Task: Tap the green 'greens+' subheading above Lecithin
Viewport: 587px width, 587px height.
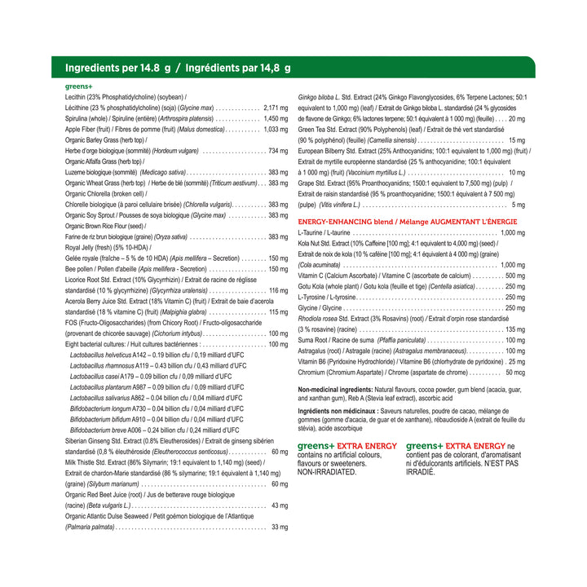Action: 78,86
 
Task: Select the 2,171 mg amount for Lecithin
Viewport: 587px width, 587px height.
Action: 276,108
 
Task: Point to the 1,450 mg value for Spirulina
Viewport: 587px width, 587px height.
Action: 276,118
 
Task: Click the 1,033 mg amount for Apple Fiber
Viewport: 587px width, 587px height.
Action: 276,129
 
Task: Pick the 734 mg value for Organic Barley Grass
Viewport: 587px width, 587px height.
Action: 278,151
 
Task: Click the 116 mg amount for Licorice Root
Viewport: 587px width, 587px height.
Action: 278,290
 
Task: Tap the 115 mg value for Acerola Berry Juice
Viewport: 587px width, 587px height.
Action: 278,312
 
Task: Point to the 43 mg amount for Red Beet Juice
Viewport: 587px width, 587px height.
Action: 280,505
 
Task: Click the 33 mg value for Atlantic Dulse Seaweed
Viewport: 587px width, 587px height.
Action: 280,527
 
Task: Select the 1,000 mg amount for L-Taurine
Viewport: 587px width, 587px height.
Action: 513,233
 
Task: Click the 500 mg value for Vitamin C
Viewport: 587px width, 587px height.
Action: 515,276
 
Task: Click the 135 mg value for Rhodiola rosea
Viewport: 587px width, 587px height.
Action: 515,329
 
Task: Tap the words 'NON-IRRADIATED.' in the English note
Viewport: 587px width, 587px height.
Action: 327,471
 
